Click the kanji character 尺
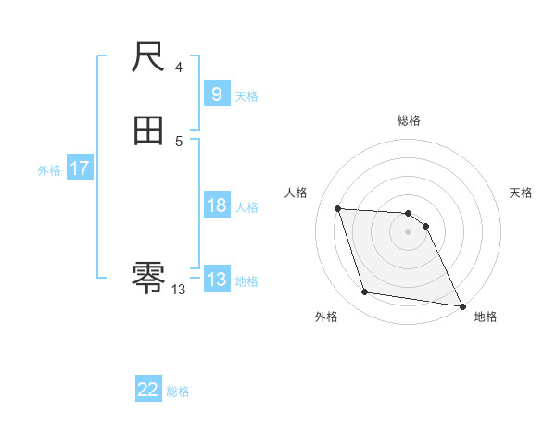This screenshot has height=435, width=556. click(148, 58)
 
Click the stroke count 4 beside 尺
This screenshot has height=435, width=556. click(179, 68)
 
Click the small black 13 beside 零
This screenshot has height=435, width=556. click(179, 290)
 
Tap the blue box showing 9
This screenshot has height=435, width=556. click(216, 94)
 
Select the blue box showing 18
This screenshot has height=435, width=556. click(216, 205)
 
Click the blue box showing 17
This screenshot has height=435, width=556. click(79, 168)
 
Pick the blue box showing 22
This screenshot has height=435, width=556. click(148, 390)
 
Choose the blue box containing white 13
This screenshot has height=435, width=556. click(216, 280)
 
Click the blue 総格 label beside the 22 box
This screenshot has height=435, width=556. click(178, 391)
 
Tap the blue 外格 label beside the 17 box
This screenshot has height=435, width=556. click(49, 170)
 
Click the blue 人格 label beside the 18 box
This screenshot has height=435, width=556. click(246, 207)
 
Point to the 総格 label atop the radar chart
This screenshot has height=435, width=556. click(409, 120)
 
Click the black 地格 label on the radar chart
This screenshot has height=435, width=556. click(486, 317)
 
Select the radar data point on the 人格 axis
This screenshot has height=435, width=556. click(337, 208)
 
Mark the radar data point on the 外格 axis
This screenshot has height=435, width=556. click(365, 292)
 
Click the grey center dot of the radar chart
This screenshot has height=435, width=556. click(409, 231)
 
